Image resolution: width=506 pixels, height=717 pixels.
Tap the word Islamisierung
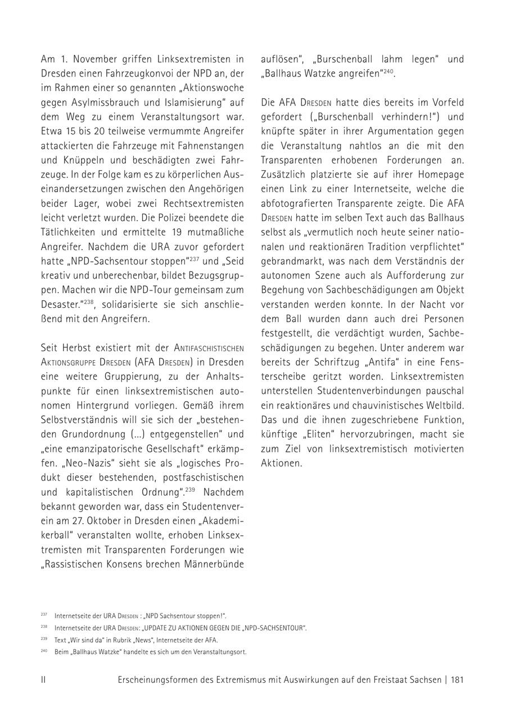coord(184,102)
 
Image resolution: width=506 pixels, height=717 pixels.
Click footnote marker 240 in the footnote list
coord(44,651)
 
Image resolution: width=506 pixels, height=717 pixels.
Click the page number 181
coord(457,680)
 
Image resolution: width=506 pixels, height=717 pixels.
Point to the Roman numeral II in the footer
coord(43,680)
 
